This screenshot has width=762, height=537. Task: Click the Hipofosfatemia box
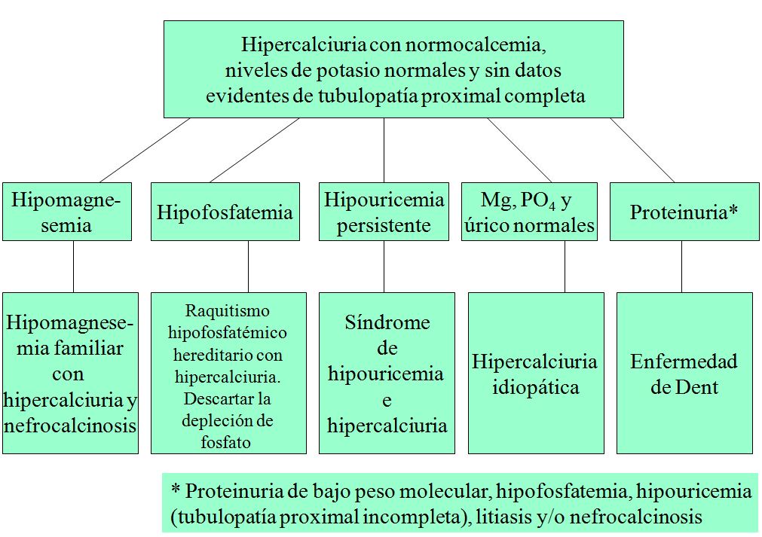tap(225, 212)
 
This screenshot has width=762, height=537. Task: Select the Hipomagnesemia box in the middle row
tap(66, 212)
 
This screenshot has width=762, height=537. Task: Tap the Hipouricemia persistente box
tap(384, 212)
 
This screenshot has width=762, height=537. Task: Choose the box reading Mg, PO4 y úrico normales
tap(528, 212)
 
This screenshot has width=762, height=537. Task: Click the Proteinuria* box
tap(684, 212)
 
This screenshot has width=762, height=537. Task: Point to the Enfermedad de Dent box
tap(684, 374)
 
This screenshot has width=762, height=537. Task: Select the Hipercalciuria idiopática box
tap(535, 374)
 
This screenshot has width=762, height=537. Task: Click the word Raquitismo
tap(227, 310)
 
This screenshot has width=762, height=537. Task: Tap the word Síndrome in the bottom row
tap(387, 323)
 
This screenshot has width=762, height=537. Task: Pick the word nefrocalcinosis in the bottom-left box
tap(70, 426)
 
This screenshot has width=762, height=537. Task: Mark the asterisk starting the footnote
tap(176, 492)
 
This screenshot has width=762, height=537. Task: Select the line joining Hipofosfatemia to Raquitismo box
tap(248, 267)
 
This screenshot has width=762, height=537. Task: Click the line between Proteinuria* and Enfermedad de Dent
tap(681, 267)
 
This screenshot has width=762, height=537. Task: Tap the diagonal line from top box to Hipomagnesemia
tap(144, 150)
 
